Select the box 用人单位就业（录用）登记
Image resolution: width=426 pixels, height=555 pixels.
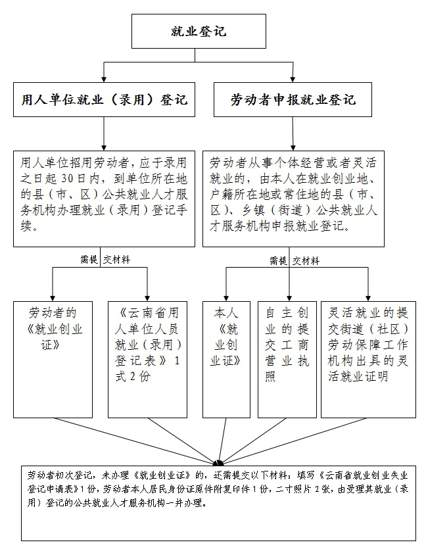[x=105, y=100]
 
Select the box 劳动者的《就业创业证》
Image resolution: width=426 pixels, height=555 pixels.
[x=53, y=359]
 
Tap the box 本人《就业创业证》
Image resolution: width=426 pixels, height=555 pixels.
[x=225, y=359]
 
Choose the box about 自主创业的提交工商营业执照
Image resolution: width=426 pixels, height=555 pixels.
[x=287, y=359]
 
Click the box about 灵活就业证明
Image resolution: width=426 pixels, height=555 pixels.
[x=368, y=359]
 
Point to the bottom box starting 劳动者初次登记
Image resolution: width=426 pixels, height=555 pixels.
[x=218, y=503]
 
